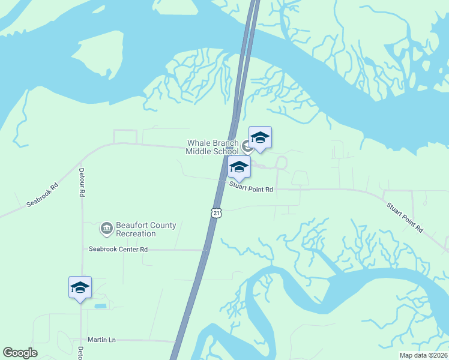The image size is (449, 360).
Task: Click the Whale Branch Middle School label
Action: pyautogui.click(x=212, y=147)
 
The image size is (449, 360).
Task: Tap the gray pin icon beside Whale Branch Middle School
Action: pyautogui.click(x=247, y=146)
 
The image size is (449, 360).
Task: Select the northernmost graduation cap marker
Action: pyautogui.click(x=260, y=137)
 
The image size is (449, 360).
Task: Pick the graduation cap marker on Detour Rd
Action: pyautogui.click(x=80, y=287)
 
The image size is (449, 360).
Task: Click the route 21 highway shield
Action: pyautogui.click(x=217, y=213)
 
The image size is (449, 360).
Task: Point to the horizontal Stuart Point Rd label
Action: pyautogui.click(x=251, y=189)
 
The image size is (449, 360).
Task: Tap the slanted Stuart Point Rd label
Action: pyautogui.click(x=405, y=217)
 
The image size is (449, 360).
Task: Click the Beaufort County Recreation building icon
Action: pyautogui.click(x=106, y=229)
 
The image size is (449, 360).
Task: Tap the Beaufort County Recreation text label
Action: pyautogui.click(x=146, y=229)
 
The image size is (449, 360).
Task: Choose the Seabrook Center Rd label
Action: pyautogui.click(x=118, y=249)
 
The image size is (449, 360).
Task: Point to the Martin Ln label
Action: pyautogui.click(x=101, y=340)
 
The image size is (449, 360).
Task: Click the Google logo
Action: pyautogui.click(x=20, y=353)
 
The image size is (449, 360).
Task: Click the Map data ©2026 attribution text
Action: pyautogui.click(x=423, y=355)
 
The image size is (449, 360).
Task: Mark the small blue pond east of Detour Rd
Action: pyautogui.click(x=100, y=307)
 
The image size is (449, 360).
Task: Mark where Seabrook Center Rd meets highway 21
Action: pyautogui.click(x=206, y=249)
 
